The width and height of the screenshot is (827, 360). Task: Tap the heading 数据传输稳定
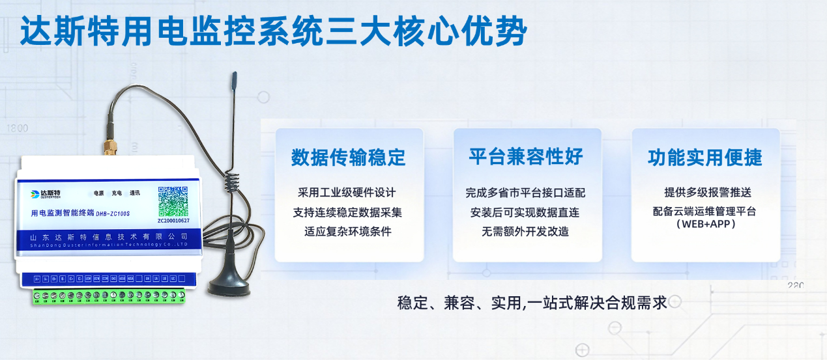click(348, 157)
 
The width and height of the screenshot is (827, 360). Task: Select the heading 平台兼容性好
click(526, 156)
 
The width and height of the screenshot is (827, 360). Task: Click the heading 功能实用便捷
click(704, 157)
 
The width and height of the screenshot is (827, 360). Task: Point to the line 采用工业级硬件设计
click(347, 193)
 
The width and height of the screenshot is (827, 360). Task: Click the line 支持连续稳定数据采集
click(347, 212)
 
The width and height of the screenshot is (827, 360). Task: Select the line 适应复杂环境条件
click(347, 231)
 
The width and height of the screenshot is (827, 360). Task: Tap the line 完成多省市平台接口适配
click(525, 193)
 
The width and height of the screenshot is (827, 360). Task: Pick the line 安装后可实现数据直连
click(525, 212)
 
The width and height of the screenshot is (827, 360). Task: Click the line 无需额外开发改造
click(525, 231)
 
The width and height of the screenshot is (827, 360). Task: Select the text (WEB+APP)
click(706, 224)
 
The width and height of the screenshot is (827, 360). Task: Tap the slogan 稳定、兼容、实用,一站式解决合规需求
click(532, 303)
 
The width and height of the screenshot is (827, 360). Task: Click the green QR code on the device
click(173, 201)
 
